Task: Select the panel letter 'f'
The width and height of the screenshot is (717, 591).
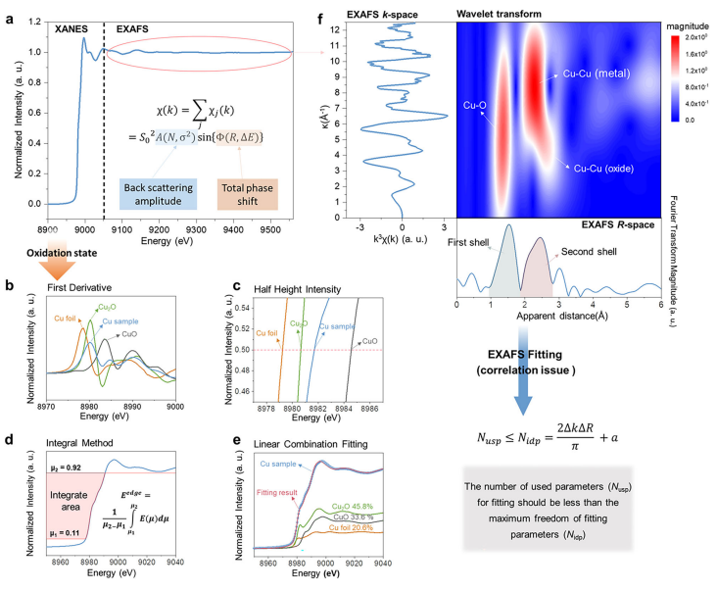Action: [x=339, y=12]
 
